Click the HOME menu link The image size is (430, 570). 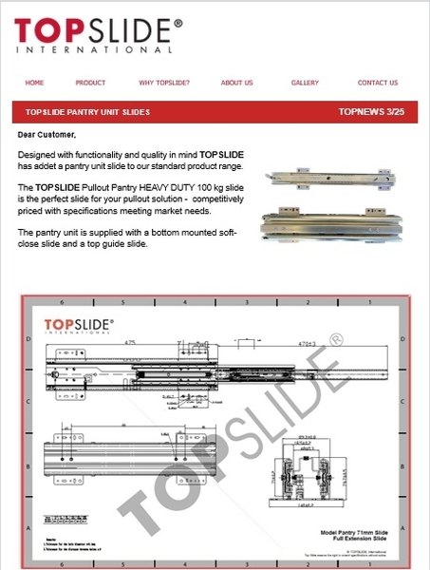[x=34, y=83]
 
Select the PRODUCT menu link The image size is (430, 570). [x=90, y=83]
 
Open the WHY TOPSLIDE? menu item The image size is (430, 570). [x=164, y=83]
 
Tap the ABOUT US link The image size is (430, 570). [x=236, y=83]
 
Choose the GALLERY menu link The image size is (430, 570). [x=305, y=83]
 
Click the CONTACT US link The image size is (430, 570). [x=378, y=83]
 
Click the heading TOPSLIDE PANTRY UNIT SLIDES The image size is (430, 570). [x=87, y=112]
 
